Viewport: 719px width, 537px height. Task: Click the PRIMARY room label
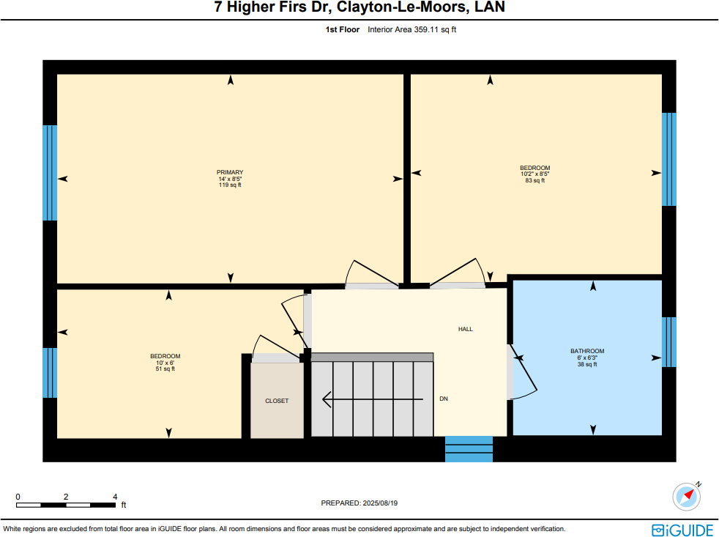(230, 172)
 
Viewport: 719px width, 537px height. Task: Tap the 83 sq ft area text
(534, 180)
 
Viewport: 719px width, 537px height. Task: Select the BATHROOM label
(587, 351)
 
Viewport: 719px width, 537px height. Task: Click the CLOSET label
(277, 401)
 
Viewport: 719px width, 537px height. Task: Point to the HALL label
(465, 329)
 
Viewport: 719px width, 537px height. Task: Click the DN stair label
(443, 399)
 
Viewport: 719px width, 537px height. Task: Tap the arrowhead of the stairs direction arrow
(327, 399)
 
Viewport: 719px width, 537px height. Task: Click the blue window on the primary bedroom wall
(50, 173)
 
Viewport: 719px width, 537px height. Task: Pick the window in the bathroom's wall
(668, 341)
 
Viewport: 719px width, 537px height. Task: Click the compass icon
(687, 496)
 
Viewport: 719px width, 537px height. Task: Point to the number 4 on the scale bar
(115, 497)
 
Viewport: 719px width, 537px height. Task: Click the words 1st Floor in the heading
(343, 30)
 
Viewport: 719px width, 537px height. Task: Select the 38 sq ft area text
(587, 364)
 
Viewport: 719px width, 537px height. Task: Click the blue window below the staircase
(469, 449)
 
